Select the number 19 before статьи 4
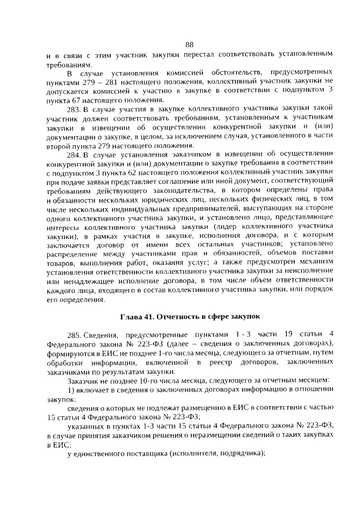289,335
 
